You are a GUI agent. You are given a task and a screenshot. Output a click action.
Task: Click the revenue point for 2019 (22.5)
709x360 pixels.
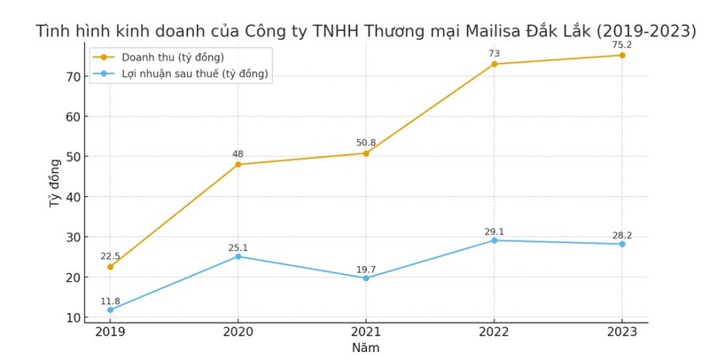click(x=110, y=267)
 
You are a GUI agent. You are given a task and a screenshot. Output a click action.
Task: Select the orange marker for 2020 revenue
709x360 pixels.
click(x=238, y=164)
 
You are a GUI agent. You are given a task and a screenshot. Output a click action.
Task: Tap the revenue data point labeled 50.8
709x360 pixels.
click(x=366, y=153)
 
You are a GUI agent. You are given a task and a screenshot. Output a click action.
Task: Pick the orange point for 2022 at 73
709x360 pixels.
click(x=494, y=64)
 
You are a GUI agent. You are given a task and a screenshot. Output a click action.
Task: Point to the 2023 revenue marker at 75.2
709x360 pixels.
click(x=621, y=55)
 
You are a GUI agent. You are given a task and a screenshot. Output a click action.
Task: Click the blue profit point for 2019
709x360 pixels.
click(x=110, y=309)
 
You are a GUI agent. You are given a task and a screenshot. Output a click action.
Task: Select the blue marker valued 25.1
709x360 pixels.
click(x=238, y=256)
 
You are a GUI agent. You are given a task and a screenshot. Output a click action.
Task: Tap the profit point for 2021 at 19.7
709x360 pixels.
click(x=366, y=278)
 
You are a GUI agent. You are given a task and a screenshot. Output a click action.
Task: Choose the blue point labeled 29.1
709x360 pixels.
click(x=494, y=240)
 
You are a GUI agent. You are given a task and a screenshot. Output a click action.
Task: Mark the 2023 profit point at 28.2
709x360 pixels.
click(x=621, y=244)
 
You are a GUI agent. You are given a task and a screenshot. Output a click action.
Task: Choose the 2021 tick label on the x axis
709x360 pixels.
click(x=366, y=332)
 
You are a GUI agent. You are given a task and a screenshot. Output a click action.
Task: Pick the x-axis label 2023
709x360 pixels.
click(x=621, y=332)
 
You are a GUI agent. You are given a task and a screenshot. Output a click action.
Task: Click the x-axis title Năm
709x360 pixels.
click(x=365, y=348)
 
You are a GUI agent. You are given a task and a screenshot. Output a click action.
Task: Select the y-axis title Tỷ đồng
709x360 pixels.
click(x=55, y=183)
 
